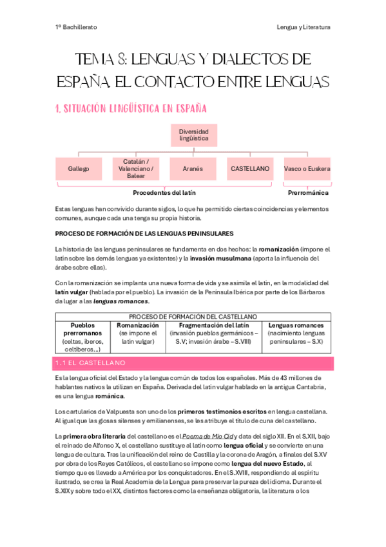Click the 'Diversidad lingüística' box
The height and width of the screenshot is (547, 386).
click(194, 135)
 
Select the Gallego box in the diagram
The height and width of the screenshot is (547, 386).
click(78, 168)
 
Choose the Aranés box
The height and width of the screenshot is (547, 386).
click(193, 168)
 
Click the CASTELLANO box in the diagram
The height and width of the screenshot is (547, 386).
click(250, 168)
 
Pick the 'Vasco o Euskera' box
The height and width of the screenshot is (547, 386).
click(307, 168)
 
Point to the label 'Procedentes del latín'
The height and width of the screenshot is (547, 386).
click(164, 192)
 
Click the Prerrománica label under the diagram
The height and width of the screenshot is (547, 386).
click(307, 192)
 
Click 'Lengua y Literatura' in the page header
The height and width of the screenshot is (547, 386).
click(303, 27)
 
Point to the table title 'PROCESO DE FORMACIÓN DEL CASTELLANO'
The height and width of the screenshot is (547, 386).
click(193, 317)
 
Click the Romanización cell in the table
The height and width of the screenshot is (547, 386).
click(137, 333)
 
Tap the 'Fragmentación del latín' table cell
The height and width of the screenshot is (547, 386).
click(210, 333)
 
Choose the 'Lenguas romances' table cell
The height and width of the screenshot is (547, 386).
click(296, 333)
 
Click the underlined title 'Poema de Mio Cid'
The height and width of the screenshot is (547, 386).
click(206, 437)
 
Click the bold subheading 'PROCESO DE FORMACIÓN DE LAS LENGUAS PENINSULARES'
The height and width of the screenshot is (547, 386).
click(144, 233)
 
